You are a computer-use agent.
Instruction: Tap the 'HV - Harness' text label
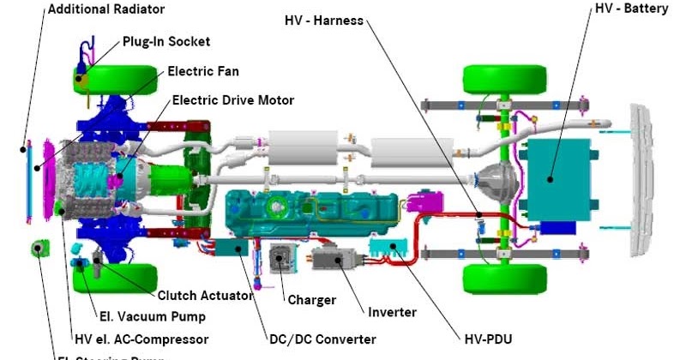(x=324, y=20)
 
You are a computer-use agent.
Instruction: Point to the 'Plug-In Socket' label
(x=166, y=41)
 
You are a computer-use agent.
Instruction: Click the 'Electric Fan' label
(x=203, y=71)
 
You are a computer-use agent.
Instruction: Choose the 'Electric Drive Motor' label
(x=233, y=100)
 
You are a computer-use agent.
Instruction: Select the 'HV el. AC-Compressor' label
(x=141, y=339)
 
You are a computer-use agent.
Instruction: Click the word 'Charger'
(x=310, y=300)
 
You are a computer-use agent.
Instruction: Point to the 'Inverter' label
(x=392, y=312)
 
